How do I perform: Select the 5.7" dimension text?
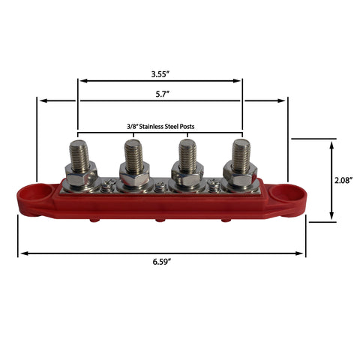[x=160, y=93]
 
